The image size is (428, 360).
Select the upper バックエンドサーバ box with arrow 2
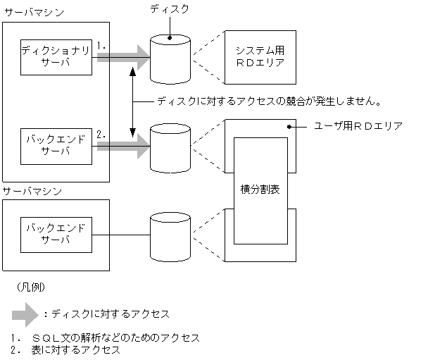[56, 145]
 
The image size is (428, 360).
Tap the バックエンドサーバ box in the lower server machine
[56, 234]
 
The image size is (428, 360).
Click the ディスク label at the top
[169, 9]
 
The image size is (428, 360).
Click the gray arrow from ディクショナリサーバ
[124, 56]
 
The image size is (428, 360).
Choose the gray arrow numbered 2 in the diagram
[124, 145]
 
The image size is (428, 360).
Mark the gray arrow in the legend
[27, 311]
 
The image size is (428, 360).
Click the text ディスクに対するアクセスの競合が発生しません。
[270, 100]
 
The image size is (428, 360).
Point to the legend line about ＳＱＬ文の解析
[106, 338]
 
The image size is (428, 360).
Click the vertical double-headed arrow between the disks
[133, 100]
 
